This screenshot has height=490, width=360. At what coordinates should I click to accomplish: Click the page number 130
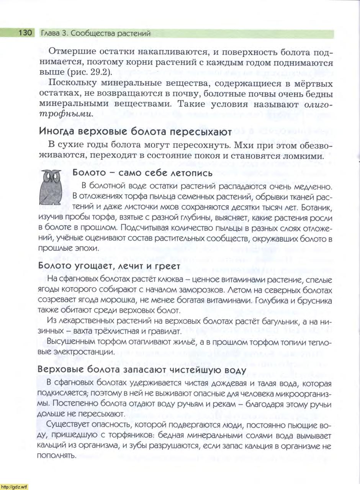point(23,33)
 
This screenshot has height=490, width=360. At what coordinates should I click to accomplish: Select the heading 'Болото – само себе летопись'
point(142,173)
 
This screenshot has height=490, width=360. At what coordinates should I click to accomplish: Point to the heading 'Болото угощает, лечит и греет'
point(110,265)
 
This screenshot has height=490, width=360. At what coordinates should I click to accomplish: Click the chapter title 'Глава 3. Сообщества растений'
point(95,33)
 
